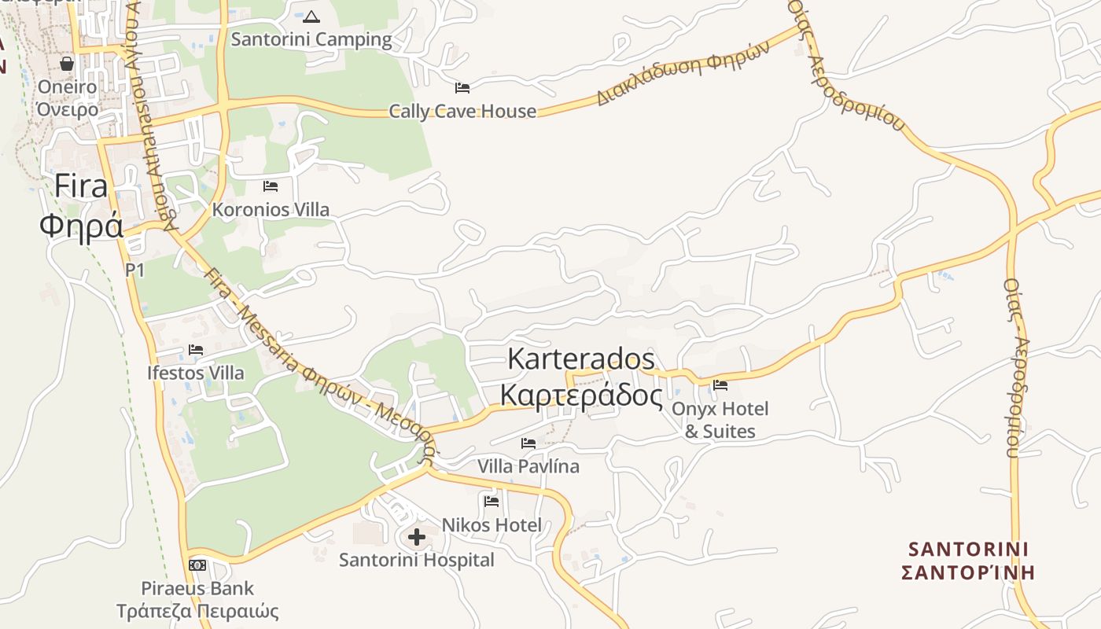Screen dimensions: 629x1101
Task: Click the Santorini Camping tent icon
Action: tap(311, 16)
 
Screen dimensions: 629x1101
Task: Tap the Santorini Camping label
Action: tap(311, 39)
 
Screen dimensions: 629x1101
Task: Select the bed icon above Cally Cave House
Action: tap(462, 88)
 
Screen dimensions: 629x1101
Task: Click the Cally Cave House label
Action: tap(462, 112)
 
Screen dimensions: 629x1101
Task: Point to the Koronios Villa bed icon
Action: tap(271, 186)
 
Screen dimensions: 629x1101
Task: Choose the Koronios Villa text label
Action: tap(271, 210)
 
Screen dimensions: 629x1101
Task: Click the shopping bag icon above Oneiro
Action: tap(67, 63)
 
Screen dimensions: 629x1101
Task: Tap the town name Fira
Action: tap(81, 187)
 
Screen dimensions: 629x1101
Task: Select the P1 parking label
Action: tap(134, 270)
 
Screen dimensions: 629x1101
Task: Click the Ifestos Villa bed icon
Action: tap(196, 349)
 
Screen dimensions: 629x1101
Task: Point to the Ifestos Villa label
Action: tap(196, 373)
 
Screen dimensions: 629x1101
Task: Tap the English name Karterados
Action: tap(581, 359)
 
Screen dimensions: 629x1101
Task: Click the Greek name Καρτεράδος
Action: tap(581, 395)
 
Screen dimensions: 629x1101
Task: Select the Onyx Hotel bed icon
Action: tap(720, 385)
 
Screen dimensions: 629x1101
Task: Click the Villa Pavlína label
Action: tap(528, 466)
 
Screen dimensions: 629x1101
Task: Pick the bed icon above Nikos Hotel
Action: tap(492, 501)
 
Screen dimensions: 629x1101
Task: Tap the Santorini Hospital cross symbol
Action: tap(417, 537)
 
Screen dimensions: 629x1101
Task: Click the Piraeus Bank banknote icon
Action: tap(197, 565)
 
